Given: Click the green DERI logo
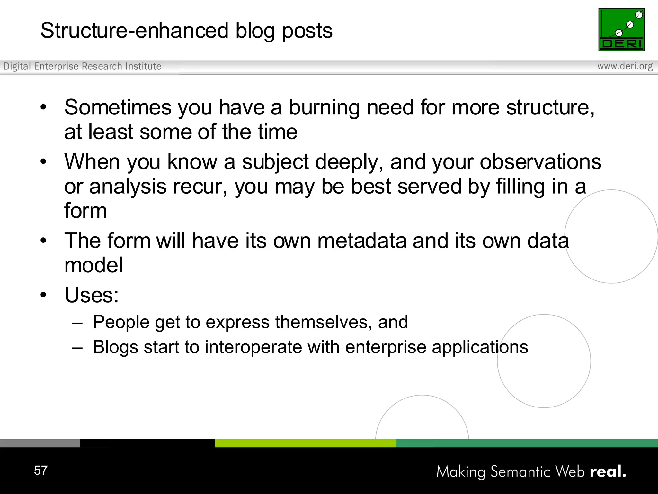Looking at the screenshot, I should point(621,30).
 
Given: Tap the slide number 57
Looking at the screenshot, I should point(41,470).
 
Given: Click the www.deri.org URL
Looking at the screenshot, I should point(625,66).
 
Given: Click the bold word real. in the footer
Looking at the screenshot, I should point(608,471).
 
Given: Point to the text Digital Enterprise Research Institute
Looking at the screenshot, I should point(82,66).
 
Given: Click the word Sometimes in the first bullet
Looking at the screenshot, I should point(118,107).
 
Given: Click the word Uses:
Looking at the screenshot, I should point(92,295).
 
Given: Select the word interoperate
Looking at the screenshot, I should point(253,347).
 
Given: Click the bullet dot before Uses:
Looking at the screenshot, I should point(43,295).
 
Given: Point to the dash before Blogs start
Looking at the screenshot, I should point(77,348).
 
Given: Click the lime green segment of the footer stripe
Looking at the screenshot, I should point(305,443).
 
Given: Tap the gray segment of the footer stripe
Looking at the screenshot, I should point(40,443).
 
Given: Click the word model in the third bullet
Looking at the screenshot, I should point(93,265).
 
